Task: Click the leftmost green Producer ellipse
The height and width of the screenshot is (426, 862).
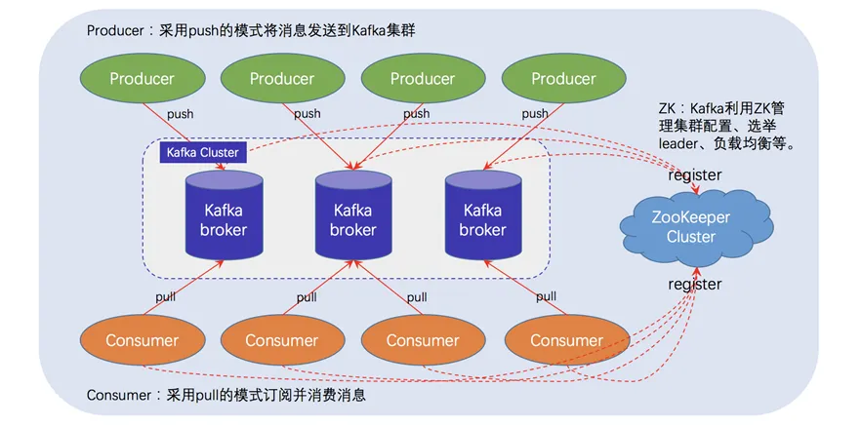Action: point(143,78)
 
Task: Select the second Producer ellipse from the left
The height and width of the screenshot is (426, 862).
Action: point(282,78)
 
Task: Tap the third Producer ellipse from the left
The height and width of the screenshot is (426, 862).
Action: point(423,78)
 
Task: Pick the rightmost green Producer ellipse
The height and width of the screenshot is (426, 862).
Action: point(564,78)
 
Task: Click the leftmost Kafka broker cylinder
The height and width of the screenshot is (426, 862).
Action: point(225,219)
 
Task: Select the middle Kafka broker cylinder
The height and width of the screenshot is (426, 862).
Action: point(352,219)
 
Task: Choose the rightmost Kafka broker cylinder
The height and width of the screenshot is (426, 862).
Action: point(482,219)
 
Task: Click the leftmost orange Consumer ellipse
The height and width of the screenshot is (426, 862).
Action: point(143,340)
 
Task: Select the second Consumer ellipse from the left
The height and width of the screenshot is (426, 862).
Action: point(282,340)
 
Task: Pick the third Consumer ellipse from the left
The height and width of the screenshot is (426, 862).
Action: point(423,340)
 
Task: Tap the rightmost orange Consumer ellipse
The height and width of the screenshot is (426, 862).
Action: point(566,340)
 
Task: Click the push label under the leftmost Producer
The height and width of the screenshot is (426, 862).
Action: point(180,114)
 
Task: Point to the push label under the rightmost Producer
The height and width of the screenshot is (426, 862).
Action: point(535,114)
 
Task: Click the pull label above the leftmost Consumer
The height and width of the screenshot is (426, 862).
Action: point(167,296)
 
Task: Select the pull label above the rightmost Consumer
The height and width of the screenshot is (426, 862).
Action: point(546,296)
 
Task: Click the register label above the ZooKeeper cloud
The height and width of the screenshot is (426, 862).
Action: point(694,175)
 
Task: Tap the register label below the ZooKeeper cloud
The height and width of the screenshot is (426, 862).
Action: point(694,285)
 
